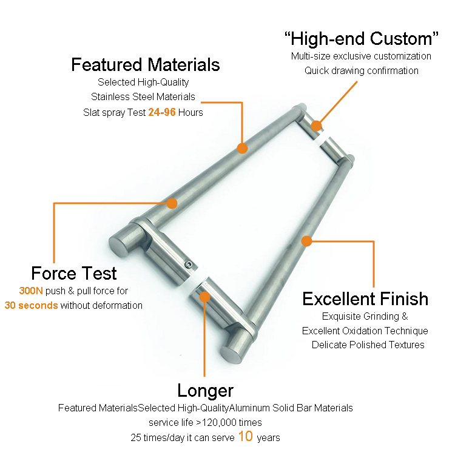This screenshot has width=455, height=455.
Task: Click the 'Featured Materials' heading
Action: click(x=146, y=64)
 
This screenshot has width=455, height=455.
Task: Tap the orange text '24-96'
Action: click(x=162, y=112)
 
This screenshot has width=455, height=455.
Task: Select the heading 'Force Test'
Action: click(x=74, y=273)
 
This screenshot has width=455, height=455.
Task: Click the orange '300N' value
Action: click(x=31, y=291)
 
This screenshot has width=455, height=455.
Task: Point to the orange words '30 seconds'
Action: click(x=32, y=305)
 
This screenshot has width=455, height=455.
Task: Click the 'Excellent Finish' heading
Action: click(x=365, y=298)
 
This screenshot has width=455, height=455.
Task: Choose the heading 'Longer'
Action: click(x=206, y=391)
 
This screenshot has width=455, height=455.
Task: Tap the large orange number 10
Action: click(x=246, y=436)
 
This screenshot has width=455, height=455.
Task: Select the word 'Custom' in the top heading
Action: click(x=402, y=39)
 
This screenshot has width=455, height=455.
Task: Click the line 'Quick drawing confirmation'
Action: click(x=362, y=70)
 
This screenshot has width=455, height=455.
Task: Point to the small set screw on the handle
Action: click(x=189, y=264)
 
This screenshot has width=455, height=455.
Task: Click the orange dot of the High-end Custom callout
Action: click(x=317, y=126)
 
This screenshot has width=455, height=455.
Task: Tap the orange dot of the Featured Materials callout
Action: click(x=242, y=148)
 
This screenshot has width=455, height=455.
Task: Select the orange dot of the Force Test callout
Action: click(x=172, y=203)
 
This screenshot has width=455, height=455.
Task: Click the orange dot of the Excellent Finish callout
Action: click(x=307, y=241)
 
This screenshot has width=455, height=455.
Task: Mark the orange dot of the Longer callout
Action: click(x=205, y=297)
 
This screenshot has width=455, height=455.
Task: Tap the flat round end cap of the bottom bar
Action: click(x=231, y=355)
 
